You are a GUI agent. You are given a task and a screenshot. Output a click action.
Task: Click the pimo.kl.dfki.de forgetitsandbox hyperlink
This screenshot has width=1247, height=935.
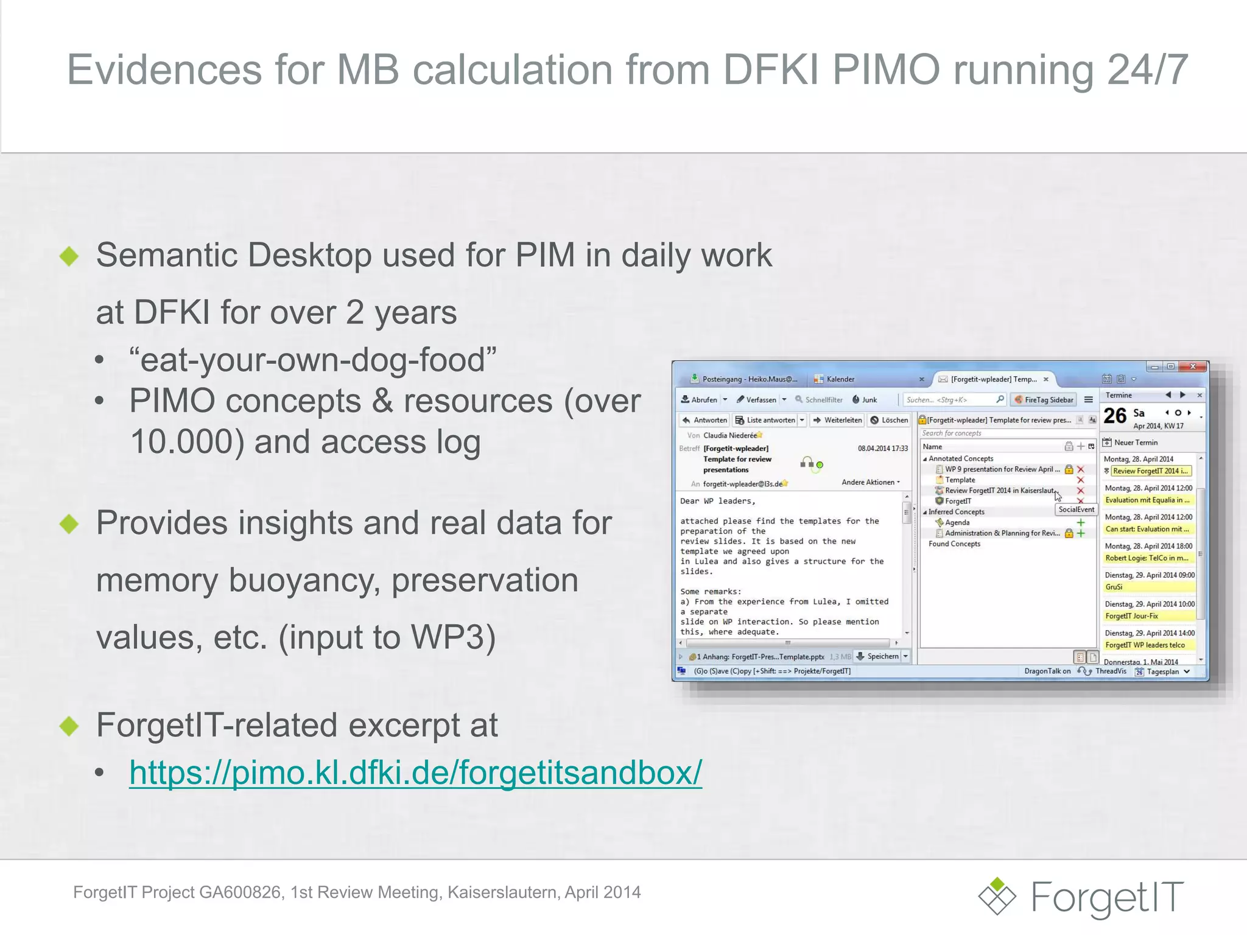[415, 772]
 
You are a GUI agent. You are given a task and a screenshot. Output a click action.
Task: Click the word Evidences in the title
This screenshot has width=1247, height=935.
[164, 69]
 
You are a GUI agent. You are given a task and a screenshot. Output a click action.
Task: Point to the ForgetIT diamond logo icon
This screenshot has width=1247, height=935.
[997, 896]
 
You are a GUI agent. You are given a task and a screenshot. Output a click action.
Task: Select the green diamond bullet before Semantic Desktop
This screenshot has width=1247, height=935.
[69, 256]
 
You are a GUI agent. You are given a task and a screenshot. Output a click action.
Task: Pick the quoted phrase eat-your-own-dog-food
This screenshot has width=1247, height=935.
[313, 360]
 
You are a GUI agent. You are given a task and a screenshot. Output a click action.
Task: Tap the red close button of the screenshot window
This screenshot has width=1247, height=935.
[1193, 366]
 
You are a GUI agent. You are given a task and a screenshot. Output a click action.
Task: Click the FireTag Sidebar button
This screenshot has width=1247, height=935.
[1044, 400]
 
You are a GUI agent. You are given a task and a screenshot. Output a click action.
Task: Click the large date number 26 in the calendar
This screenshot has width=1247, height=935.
[1115, 416]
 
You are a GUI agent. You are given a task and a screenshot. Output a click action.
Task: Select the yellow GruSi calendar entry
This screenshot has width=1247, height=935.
[1148, 587]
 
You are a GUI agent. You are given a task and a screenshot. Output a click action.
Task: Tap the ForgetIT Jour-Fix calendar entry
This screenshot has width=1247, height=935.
[1148, 616]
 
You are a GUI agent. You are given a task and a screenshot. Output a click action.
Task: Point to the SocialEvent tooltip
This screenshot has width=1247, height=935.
[1076, 510]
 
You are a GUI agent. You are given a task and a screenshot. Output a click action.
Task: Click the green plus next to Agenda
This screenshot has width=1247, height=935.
[1081, 522]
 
